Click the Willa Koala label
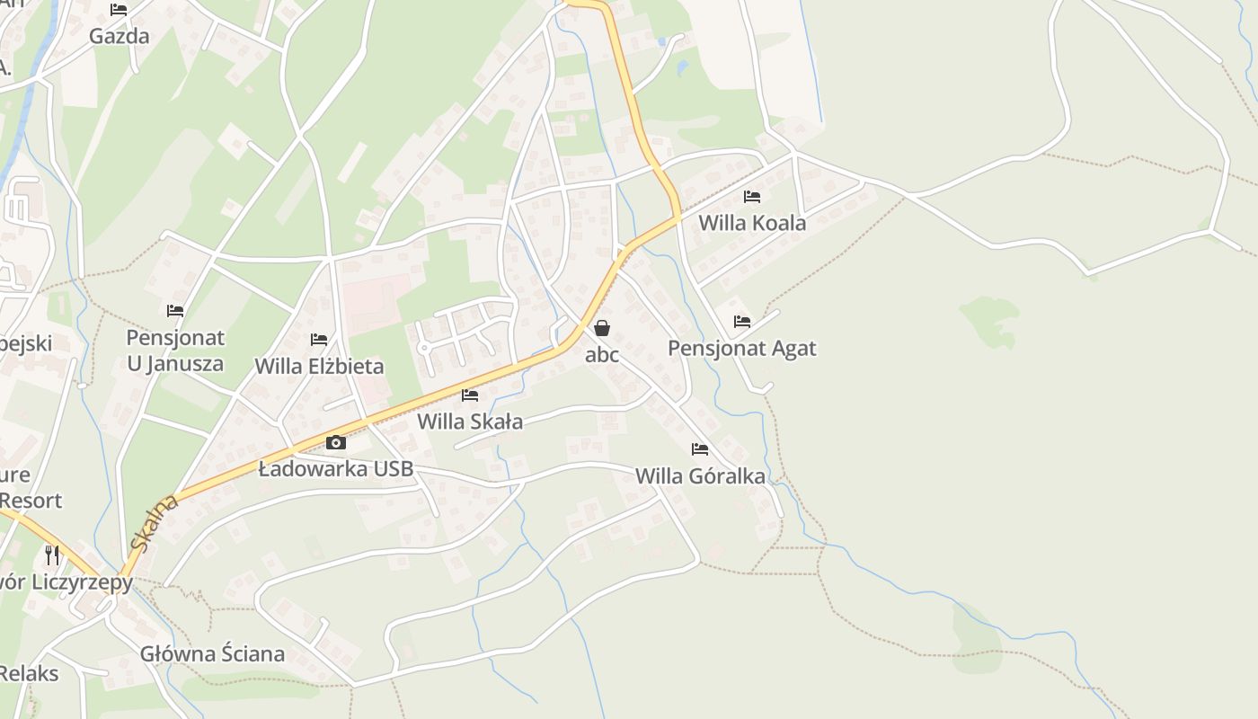[752, 222]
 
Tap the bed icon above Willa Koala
[752, 197]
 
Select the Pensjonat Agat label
[741, 348]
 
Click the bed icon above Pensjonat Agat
[741, 321]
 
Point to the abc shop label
[602, 354]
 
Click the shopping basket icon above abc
[602, 328]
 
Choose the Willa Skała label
[470, 421]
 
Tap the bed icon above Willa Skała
[470, 395]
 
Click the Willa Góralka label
[700, 475]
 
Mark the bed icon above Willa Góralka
[700, 449]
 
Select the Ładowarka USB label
[336, 468]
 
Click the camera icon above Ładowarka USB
[336, 442]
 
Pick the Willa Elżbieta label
[319, 366]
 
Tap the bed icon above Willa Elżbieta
[319, 340]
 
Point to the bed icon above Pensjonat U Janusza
[175, 311]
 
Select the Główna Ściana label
[212, 653]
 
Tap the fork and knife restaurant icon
[52, 555]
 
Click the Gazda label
[119, 36]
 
